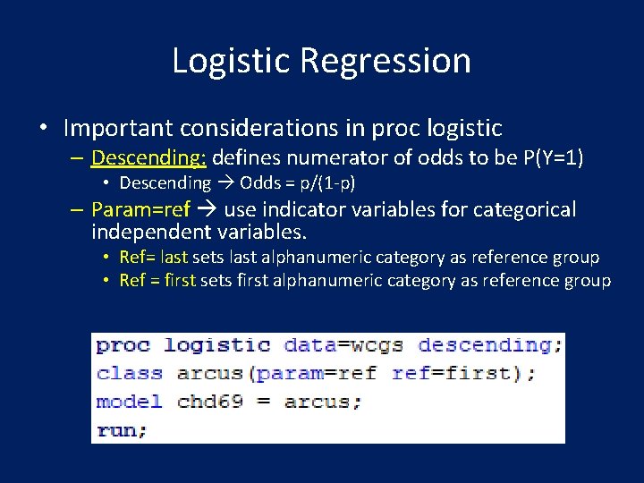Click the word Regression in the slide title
click(x=386, y=61)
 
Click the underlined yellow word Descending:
click(x=148, y=158)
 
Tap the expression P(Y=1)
click(x=553, y=158)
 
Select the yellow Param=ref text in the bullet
click(x=140, y=210)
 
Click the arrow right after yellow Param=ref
click(x=207, y=210)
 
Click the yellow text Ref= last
click(x=153, y=258)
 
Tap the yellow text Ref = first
click(x=157, y=281)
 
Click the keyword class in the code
click(x=130, y=374)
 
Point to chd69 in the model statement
click(x=209, y=402)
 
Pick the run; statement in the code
click(x=122, y=430)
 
